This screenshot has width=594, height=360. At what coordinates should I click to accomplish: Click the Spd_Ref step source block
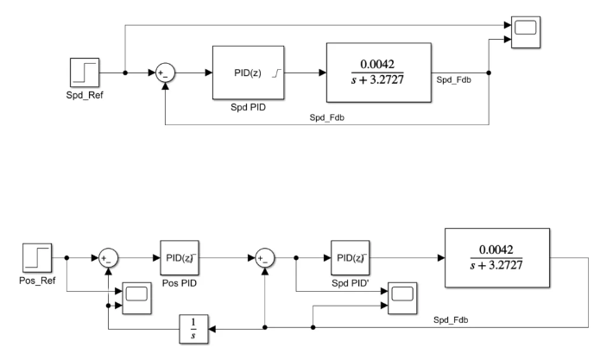85,73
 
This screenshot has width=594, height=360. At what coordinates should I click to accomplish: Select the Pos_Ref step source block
37,257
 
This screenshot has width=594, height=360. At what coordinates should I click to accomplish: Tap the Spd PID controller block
248,73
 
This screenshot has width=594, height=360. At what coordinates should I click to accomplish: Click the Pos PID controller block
180,257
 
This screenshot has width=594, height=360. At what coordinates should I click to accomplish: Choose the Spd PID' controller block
350,257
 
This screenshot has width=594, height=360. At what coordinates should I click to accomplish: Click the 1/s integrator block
193,329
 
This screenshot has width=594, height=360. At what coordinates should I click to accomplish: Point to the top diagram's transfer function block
379,73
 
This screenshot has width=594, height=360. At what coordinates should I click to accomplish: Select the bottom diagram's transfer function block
497,257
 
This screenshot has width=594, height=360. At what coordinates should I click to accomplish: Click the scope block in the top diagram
526,32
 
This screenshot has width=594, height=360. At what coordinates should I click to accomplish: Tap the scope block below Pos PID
136,298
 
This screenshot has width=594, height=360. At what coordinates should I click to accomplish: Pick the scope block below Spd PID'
402,298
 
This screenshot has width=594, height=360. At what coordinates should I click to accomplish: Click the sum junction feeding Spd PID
165,73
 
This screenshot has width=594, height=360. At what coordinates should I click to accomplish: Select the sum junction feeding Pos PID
108,258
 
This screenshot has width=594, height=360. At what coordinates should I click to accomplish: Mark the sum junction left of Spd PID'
265,258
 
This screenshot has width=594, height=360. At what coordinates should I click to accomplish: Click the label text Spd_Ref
85,95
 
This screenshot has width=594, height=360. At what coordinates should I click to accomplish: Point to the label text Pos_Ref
37,281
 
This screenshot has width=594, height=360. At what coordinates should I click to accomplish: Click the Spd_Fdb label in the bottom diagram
451,320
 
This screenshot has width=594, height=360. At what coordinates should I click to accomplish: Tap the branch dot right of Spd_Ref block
125,73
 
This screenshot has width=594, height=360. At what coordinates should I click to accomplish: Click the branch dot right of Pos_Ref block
66,258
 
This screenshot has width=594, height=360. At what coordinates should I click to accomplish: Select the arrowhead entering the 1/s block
212,329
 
